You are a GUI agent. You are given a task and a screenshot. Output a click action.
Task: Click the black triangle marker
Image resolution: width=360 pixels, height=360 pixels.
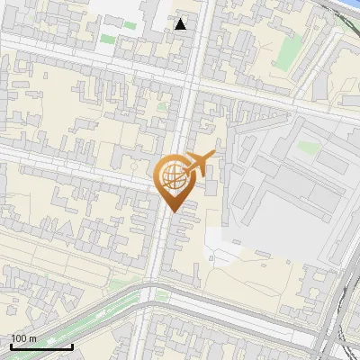pyautogui.click(x=181, y=24)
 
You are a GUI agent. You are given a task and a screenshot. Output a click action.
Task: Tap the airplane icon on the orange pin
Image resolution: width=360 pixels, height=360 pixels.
pyautogui.click(x=201, y=163)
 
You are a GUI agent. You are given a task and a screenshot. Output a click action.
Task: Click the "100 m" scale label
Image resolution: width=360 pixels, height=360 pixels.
pyautogui.click(x=23, y=338)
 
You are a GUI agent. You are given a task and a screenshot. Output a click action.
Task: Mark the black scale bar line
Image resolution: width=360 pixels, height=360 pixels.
pyautogui.click(x=40, y=346)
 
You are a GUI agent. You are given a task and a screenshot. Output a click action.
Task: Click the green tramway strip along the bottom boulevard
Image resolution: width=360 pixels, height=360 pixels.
pyautogui.click(x=99, y=315)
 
